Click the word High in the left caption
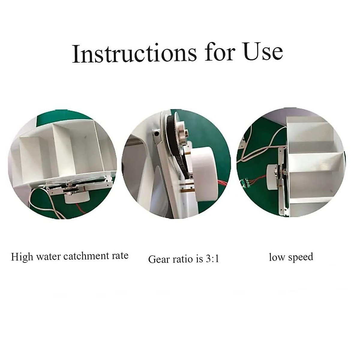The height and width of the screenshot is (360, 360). tap(22, 257)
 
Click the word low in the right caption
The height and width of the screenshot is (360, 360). tap(277, 257)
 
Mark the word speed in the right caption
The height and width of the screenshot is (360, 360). tap(300, 257)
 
